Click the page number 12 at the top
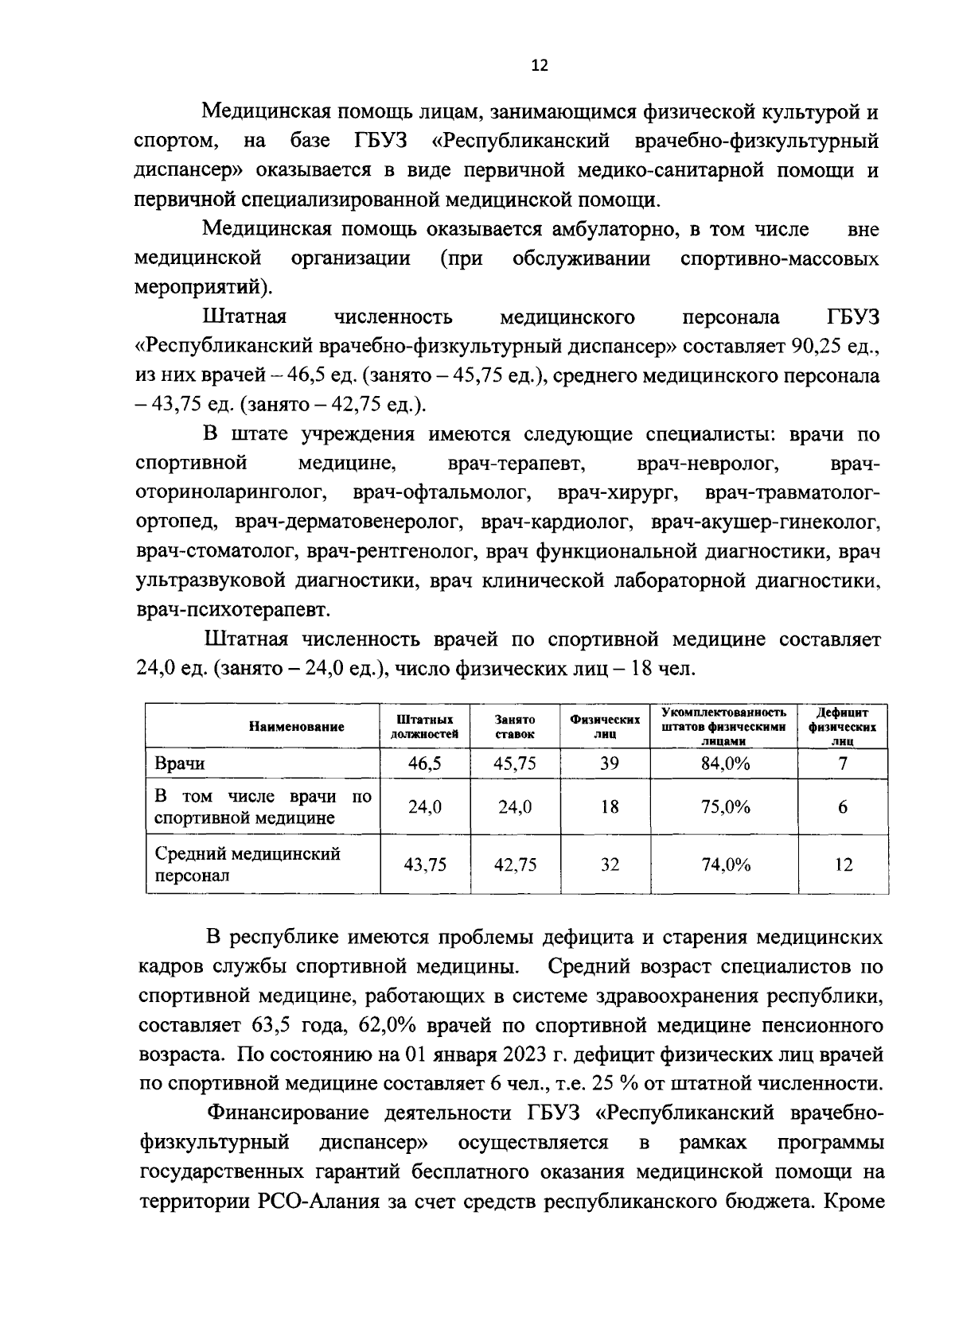[x=540, y=67]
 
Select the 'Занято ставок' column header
[x=514, y=726]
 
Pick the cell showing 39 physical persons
[x=609, y=764]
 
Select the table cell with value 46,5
[x=424, y=764]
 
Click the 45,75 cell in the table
[x=514, y=764]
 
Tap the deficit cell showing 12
[x=843, y=864]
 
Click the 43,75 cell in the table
[x=424, y=864]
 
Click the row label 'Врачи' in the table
[x=179, y=764]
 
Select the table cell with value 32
[x=609, y=864]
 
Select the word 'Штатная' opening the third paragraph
[x=244, y=317]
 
